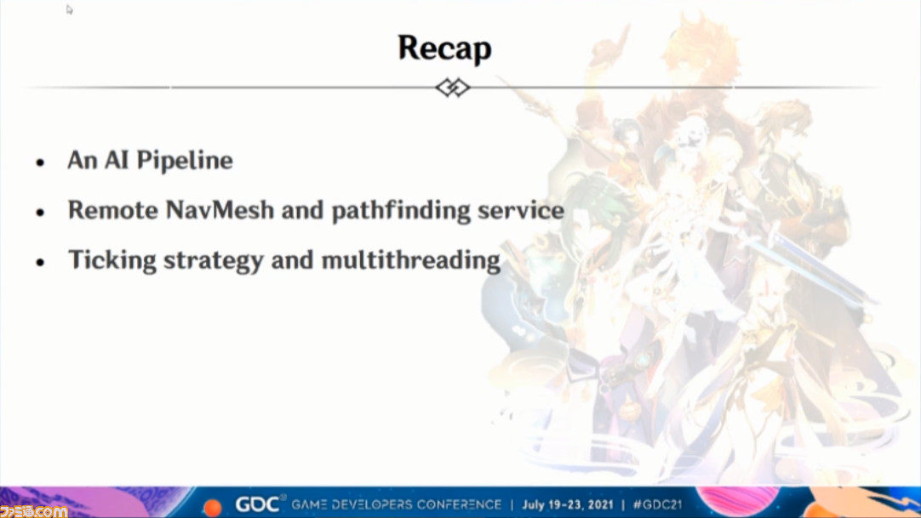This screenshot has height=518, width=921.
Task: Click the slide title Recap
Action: click(x=444, y=48)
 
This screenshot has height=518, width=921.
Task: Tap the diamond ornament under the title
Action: click(x=453, y=88)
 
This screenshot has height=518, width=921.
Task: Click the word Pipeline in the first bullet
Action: click(x=185, y=160)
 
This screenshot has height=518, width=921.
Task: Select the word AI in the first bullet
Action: click(x=117, y=160)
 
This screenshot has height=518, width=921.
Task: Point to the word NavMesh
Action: click(x=220, y=210)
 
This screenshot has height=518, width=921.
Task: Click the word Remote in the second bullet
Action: click(x=112, y=210)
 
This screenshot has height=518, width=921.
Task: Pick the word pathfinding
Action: click(x=401, y=211)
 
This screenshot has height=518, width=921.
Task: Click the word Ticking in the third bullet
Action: click(x=112, y=260)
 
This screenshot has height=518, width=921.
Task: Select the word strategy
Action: click(x=213, y=261)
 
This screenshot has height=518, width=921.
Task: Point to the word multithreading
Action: click(x=410, y=260)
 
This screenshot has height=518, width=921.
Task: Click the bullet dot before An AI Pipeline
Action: click(x=40, y=162)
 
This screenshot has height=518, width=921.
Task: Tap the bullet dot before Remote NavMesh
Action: click(x=40, y=213)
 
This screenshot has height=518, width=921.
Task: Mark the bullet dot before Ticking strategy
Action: click(x=40, y=262)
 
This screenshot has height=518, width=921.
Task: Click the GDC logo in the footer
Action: click(x=258, y=504)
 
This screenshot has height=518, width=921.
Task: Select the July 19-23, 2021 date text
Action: click(x=568, y=504)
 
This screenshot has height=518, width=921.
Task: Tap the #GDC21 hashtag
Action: click(x=657, y=504)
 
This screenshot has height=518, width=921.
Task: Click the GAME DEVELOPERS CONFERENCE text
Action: click(x=397, y=504)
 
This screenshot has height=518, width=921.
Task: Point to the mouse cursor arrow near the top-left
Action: click(x=69, y=9)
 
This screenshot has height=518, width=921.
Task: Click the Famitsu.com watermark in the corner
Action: click(x=33, y=511)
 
